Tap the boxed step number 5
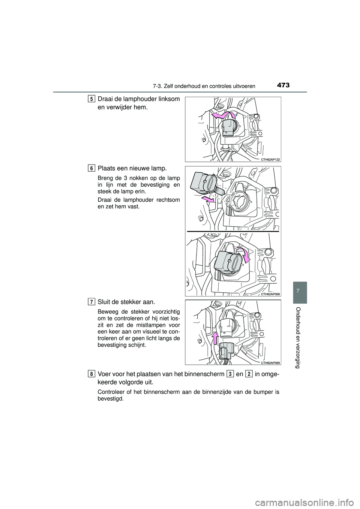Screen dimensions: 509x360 92,99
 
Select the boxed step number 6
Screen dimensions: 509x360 92,168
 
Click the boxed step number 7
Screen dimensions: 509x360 92,302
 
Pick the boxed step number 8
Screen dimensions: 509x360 92,374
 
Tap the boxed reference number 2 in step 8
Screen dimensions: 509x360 249,374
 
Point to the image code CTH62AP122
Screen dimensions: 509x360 270,159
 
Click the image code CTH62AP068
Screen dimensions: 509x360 270,294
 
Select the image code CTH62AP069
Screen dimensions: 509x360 270,362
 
